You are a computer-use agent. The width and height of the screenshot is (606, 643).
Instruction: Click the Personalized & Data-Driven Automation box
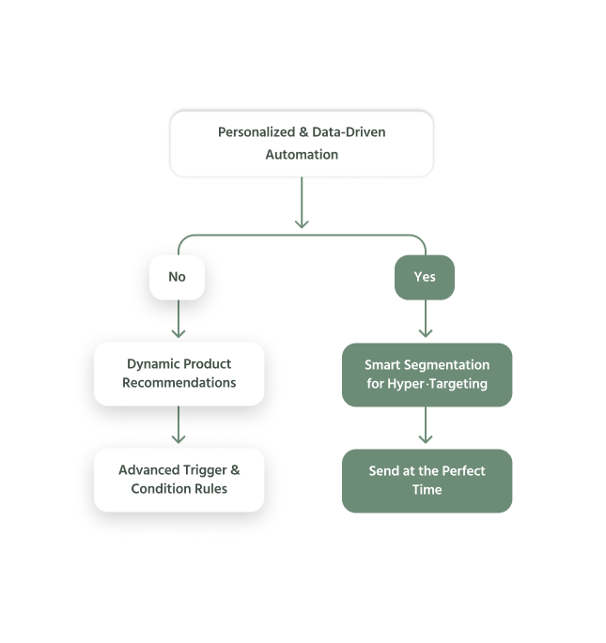tap(302, 144)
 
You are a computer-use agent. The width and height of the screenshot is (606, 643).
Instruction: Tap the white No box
tap(177, 277)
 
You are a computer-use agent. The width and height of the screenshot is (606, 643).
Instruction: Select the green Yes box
tap(425, 277)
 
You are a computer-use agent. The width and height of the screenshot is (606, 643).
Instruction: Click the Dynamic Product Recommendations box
tap(179, 374)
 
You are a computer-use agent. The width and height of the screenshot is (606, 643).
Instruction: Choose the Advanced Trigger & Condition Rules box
tap(179, 480)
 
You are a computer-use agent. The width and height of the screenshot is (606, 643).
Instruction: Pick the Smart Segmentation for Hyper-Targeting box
tap(427, 375)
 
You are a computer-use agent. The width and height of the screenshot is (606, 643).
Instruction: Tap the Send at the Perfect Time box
tap(427, 481)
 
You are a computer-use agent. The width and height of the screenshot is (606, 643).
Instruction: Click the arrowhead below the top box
tap(302, 224)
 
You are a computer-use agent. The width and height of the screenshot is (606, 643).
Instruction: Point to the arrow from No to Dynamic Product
tap(179, 318)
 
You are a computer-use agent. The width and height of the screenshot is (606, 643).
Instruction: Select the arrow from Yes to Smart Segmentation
tap(426, 318)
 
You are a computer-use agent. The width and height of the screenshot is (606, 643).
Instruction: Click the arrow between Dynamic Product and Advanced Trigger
tap(179, 424)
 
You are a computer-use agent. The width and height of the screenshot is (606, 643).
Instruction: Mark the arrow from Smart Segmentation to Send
tap(426, 425)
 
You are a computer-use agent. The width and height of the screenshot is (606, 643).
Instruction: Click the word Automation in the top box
tap(302, 155)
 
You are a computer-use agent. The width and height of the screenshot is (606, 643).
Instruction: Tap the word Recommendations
tap(179, 383)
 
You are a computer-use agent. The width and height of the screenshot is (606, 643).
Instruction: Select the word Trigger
tap(205, 470)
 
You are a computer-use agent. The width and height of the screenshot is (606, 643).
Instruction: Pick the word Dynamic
tap(152, 364)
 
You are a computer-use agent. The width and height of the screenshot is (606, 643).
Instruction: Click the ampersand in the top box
tap(303, 132)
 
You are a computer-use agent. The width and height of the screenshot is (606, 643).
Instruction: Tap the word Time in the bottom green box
tap(427, 490)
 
